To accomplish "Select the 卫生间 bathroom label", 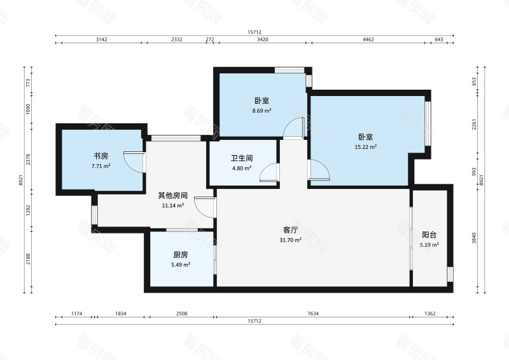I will coord(242,158).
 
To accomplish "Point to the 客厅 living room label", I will coord(291,230).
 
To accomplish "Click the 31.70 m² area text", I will coord(291,240).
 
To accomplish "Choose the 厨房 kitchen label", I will coord(181,254).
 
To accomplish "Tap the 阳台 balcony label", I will coord(429,235).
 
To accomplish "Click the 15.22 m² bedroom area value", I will coord(365,147).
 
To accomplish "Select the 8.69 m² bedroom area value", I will coord(262,111).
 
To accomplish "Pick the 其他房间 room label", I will coord(173,195).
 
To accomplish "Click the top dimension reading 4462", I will coord(368,39).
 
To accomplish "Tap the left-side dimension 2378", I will coord(28,160).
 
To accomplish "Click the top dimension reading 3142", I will coord(101,39).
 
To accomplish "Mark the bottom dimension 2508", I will coord(181,314).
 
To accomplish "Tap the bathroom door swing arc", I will coord(270,172).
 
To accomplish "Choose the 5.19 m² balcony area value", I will coord(429,245).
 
